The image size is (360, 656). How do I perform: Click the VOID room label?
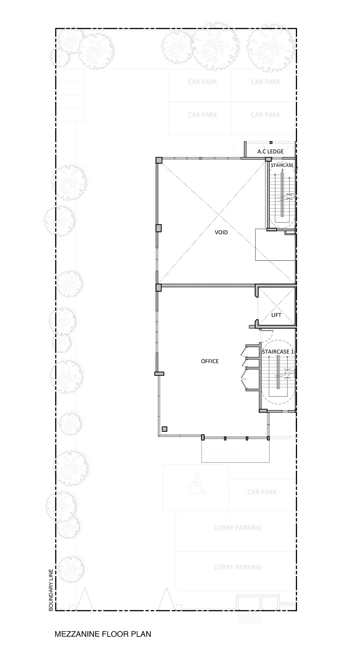[221, 232]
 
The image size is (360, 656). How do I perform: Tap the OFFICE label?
[210, 362]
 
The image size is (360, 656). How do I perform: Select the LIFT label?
[276, 315]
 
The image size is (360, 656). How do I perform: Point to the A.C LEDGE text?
[270, 151]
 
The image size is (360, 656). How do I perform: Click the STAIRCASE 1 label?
[278, 352]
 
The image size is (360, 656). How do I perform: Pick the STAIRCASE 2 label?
[282, 167]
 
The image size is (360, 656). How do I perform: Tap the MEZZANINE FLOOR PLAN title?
[103, 634]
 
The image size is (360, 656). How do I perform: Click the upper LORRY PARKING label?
[238, 527]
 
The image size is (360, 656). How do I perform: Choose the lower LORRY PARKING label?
[238, 567]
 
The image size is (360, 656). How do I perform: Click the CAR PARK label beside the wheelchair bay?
[262, 492]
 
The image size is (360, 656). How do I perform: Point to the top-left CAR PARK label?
[202, 82]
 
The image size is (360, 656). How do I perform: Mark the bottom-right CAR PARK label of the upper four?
[265, 115]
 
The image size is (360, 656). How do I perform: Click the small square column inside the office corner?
[165, 429]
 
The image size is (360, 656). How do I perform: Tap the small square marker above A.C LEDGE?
[271, 143]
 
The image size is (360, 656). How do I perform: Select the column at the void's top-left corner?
[159, 160]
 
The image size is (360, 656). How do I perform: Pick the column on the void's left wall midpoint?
[159, 228]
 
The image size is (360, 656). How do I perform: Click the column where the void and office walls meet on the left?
[159, 287]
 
